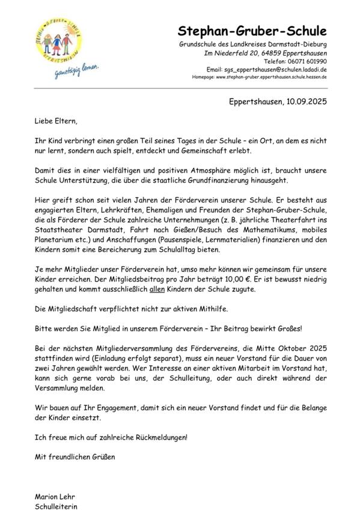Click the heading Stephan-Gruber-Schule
tap(252, 31)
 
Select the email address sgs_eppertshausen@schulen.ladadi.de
tap(276, 70)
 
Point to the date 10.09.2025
tap(302, 102)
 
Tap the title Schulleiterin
tap(56, 506)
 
